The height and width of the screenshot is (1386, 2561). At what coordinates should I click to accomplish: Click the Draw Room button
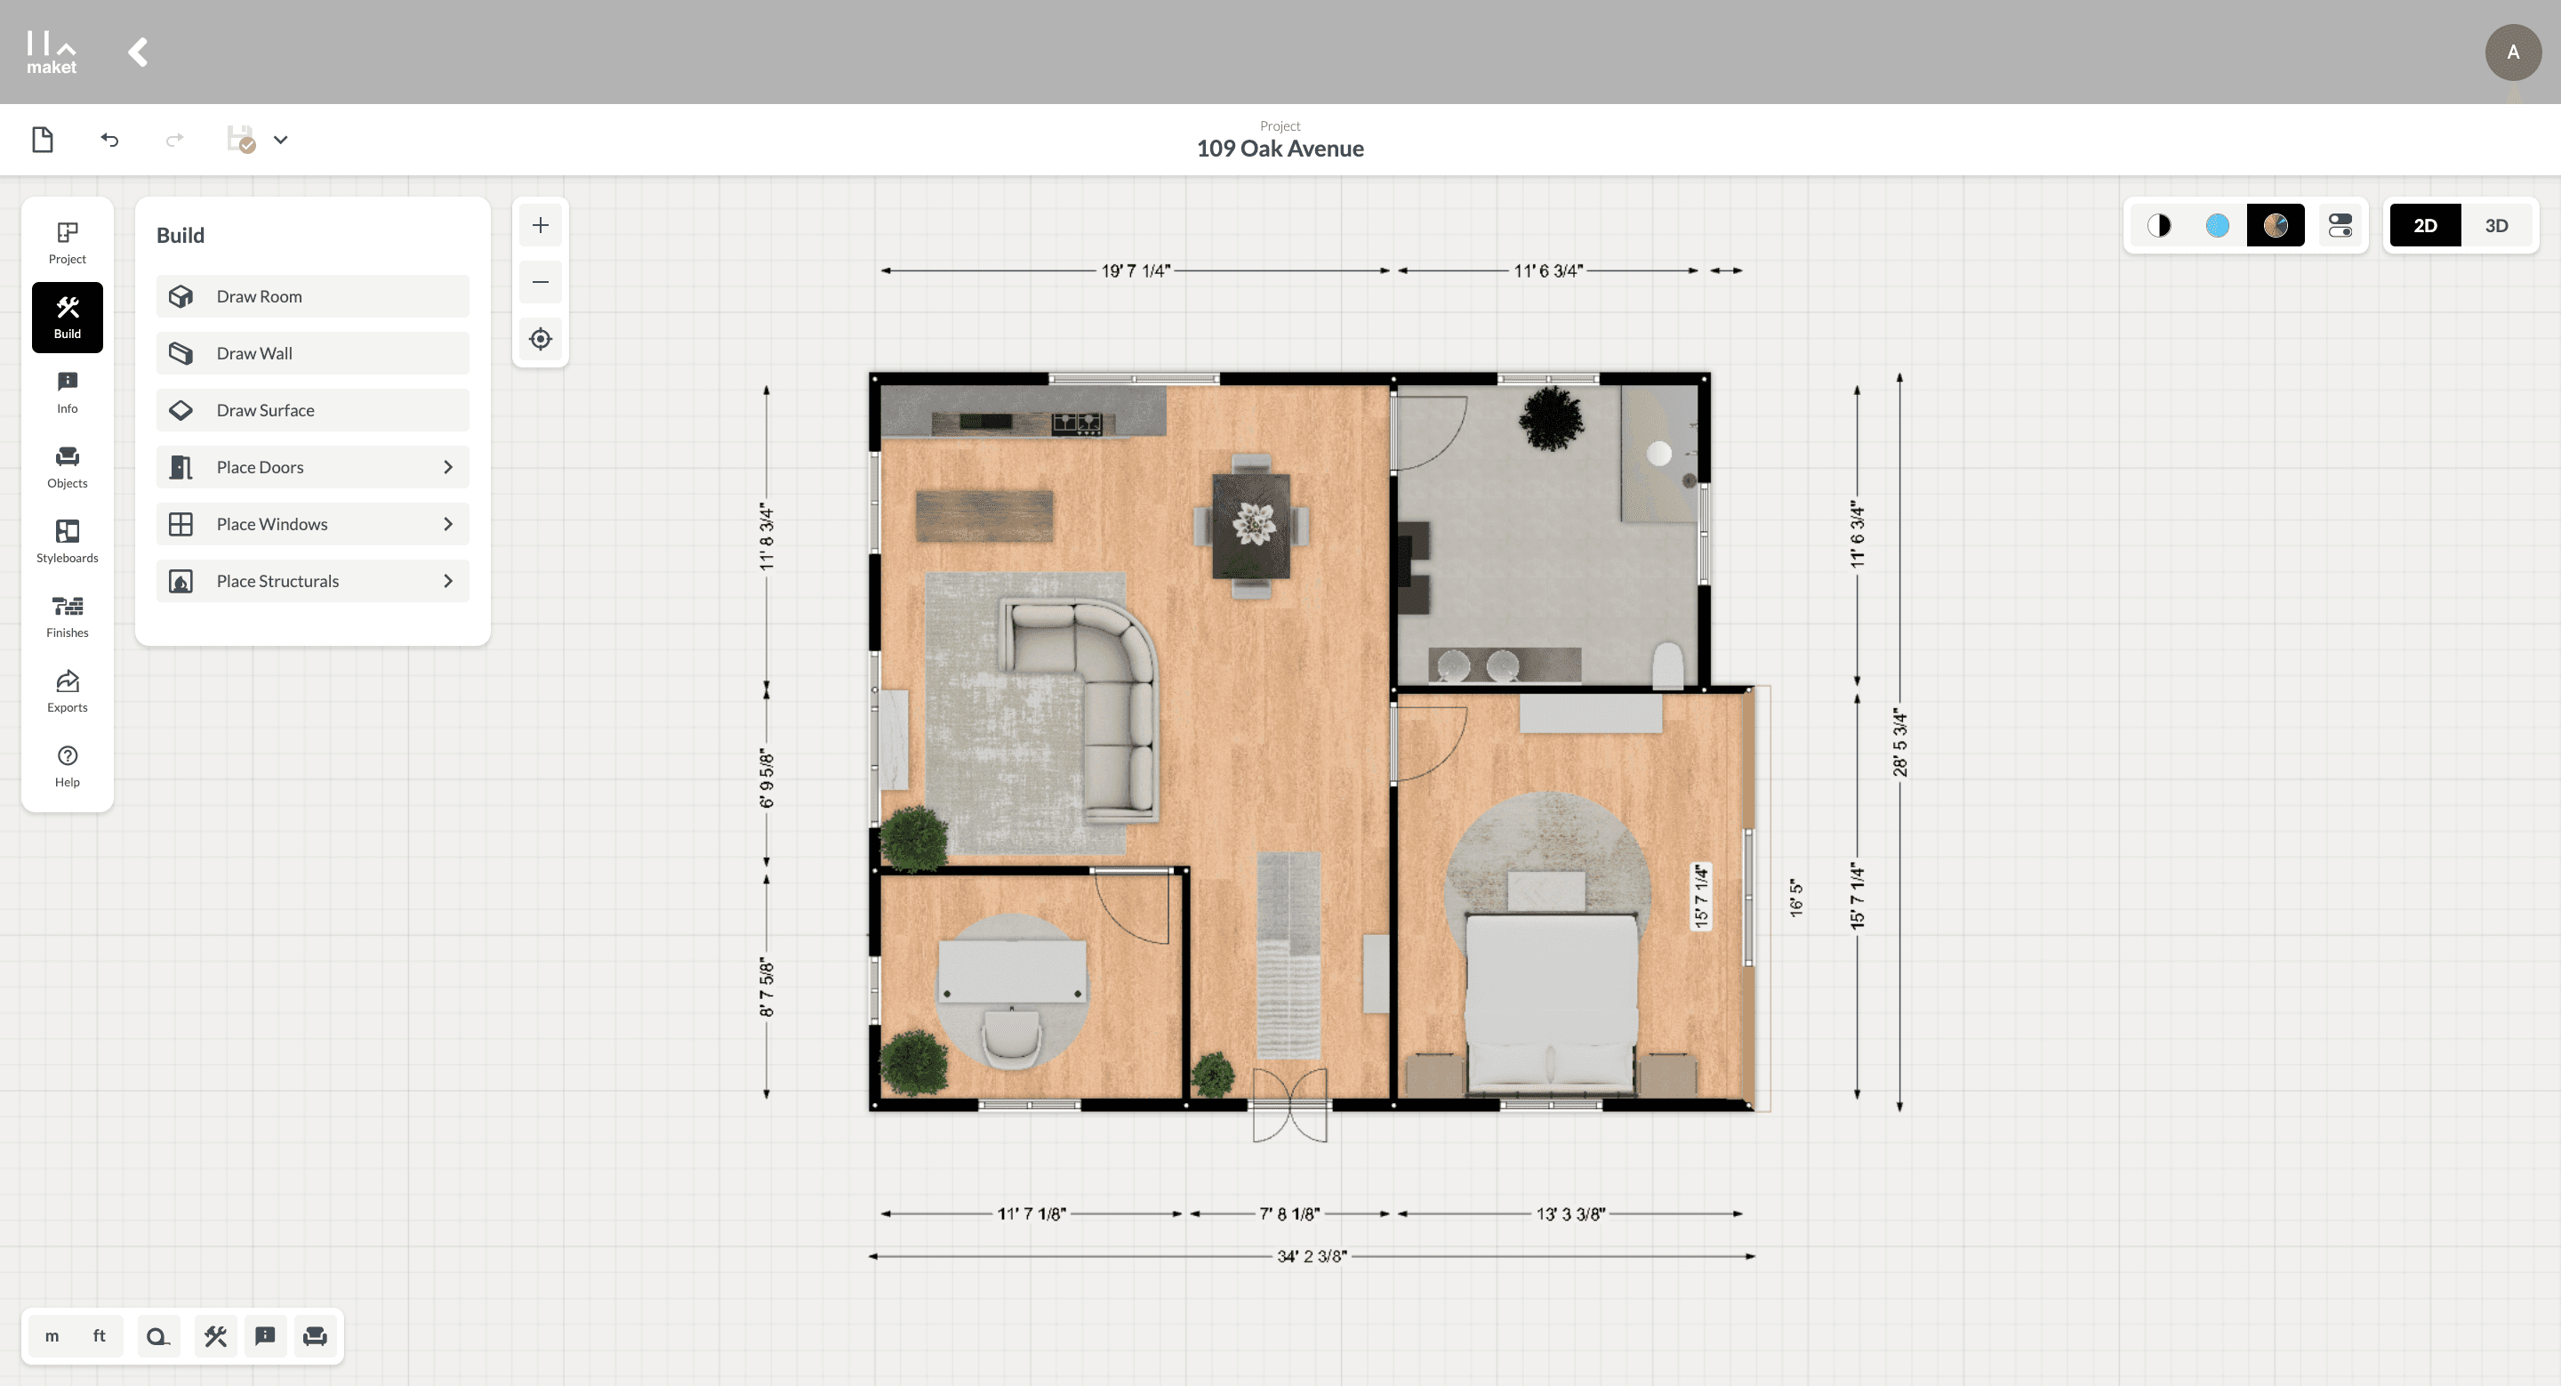point(312,296)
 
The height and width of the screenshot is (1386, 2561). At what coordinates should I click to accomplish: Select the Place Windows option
point(312,524)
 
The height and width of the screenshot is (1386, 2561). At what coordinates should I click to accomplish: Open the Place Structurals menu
point(312,581)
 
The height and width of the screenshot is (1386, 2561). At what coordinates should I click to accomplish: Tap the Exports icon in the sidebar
point(68,691)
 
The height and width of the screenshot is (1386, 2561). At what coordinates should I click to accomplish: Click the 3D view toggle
point(2496,226)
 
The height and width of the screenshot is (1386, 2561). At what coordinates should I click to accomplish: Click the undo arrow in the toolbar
point(109,141)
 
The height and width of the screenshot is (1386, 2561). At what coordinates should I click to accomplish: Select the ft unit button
point(100,1335)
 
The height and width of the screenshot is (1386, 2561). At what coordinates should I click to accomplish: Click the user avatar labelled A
point(2513,52)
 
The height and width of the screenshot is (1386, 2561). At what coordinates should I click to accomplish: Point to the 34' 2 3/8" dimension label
point(1313,1256)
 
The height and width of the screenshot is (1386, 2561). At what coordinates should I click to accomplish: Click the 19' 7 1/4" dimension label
point(1136,270)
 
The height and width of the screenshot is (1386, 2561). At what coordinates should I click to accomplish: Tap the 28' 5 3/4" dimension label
point(1900,742)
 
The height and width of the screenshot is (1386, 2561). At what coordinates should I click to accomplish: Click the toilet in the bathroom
point(1667,665)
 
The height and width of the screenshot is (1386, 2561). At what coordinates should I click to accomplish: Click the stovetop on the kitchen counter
point(1077,423)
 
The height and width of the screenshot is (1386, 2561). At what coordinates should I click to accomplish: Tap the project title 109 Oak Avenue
point(1280,149)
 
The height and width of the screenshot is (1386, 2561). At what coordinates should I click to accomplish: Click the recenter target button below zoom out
point(541,339)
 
